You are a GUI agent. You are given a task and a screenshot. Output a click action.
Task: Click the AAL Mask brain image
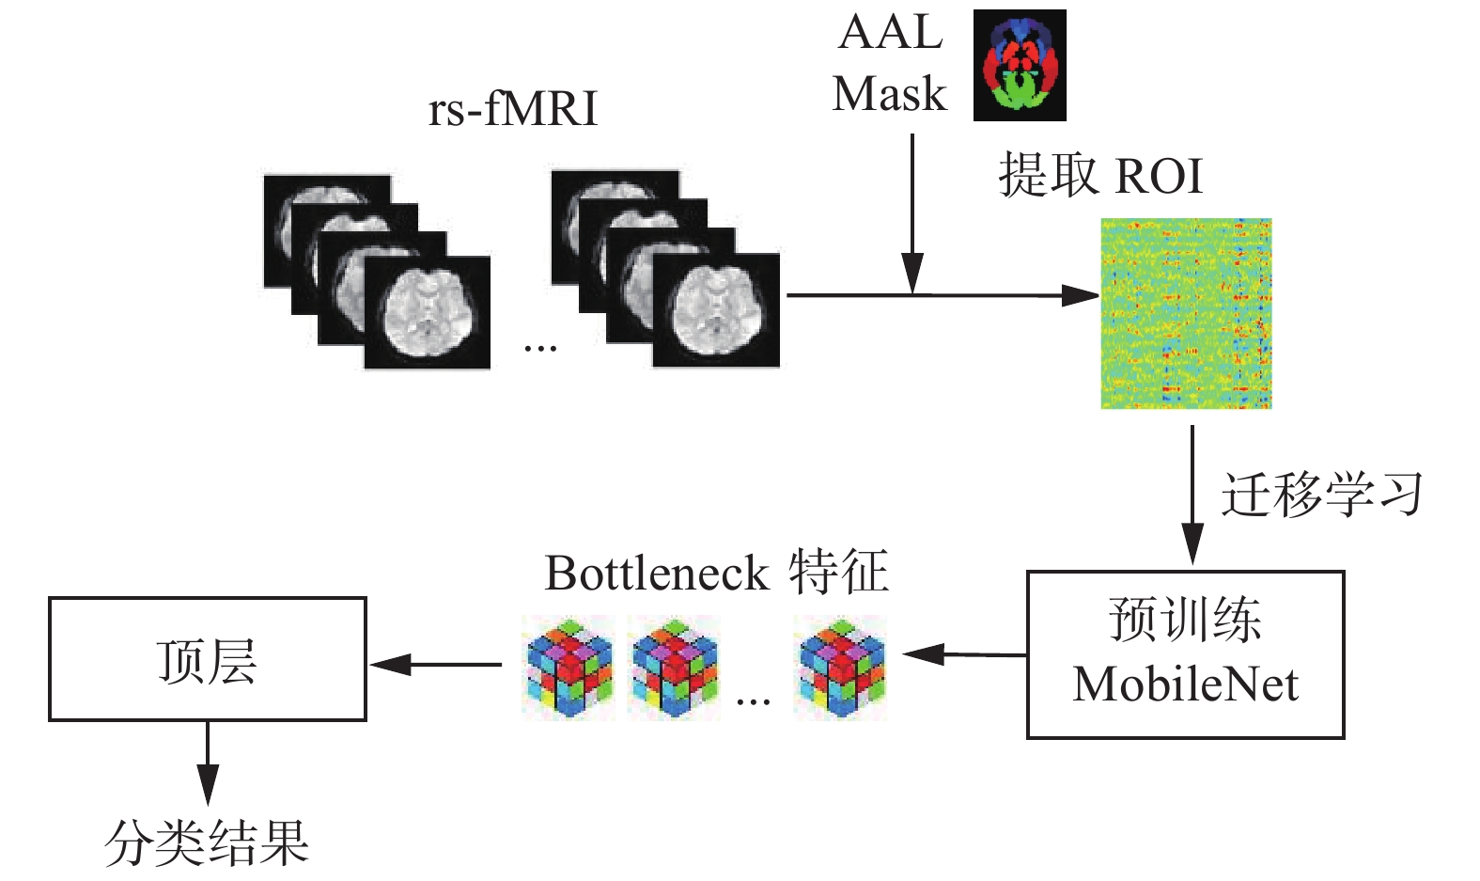[1020, 65]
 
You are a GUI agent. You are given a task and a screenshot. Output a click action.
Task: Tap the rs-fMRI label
[512, 108]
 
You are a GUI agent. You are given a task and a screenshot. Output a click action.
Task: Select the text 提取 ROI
[1100, 175]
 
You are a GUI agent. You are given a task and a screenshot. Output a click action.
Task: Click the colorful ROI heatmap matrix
[1186, 313]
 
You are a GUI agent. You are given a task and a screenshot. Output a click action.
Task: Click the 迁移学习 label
[1321, 495]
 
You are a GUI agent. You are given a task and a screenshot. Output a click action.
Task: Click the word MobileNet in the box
[1186, 684]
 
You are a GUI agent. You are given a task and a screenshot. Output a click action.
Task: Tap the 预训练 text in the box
[1185, 620]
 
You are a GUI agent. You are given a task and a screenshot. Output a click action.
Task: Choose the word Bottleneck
[657, 574]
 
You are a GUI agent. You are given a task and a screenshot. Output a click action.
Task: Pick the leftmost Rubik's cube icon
[569, 668]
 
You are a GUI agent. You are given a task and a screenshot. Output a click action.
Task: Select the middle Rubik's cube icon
[675, 668]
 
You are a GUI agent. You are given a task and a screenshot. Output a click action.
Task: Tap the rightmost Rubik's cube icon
[840, 668]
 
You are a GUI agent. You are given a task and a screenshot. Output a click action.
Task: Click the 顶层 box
[207, 659]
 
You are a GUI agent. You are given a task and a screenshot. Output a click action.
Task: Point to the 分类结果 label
[207, 842]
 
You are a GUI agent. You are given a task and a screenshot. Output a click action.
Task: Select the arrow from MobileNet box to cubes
[963, 654]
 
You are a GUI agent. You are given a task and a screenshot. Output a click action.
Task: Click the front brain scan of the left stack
[428, 311]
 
